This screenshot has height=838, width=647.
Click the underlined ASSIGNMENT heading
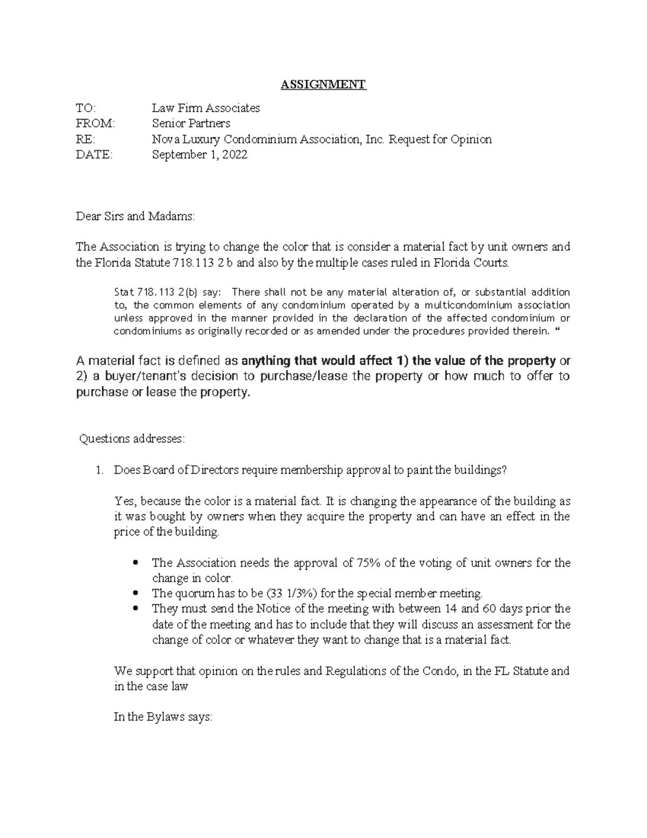point(323,84)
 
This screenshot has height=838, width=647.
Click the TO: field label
point(85,108)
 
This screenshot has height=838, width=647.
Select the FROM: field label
point(95,124)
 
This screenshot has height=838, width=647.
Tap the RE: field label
point(85,139)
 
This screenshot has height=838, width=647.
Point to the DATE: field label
point(94,155)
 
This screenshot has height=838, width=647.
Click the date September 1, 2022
point(199,155)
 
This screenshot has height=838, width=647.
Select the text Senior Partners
point(191,124)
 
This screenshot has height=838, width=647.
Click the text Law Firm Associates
point(205,108)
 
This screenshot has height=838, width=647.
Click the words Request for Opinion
point(440,139)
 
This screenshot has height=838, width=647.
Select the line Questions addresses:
point(132,439)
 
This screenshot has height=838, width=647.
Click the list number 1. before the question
point(99,470)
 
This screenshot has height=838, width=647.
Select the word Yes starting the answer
point(124,501)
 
